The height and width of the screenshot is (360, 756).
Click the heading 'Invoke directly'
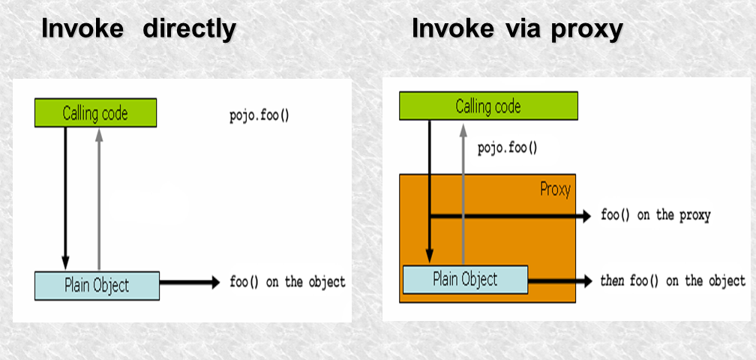[139, 29]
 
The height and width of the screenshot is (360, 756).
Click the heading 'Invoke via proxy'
[517, 29]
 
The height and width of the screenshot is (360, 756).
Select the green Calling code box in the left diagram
[95, 113]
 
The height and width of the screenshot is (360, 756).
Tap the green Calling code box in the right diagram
[487, 106]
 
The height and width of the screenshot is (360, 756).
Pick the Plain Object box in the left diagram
[97, 284]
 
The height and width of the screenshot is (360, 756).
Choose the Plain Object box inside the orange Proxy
[465, 280]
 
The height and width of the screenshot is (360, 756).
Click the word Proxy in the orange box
[554, 189]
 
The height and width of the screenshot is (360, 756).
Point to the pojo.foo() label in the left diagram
[259, 117]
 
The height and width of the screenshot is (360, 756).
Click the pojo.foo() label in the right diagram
[508, 148]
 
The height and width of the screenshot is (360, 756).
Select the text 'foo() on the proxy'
[655, 215]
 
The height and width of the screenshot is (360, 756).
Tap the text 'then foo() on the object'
[673, 281]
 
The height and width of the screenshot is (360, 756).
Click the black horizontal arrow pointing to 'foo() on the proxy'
[510, 216]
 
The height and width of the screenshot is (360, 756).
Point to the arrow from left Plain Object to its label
[191, 283]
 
